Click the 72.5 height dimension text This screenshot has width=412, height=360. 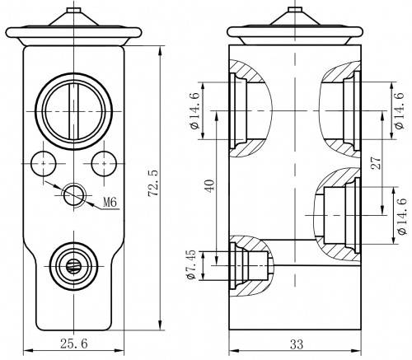(153, 183)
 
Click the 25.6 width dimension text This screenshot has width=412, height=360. (74, 344)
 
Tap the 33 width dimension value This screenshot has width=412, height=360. (297, 344)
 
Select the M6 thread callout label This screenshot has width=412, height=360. (110, 203)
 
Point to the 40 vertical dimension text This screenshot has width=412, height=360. (209, 186)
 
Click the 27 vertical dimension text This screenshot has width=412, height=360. (376, 162)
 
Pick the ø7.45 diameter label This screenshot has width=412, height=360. (191, 264)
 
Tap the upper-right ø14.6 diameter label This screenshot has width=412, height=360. (399, 110)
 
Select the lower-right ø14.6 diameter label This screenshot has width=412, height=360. (401, 216)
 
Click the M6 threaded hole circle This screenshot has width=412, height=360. (74, 195)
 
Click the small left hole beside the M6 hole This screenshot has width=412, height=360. (44, 164)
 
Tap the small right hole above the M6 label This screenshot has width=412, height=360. (104, 164)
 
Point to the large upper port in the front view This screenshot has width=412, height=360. (74, 111)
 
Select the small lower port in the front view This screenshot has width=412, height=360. (74, 266)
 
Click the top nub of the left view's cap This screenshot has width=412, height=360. (74, 10)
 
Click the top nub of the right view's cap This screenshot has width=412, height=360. (295, 9)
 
